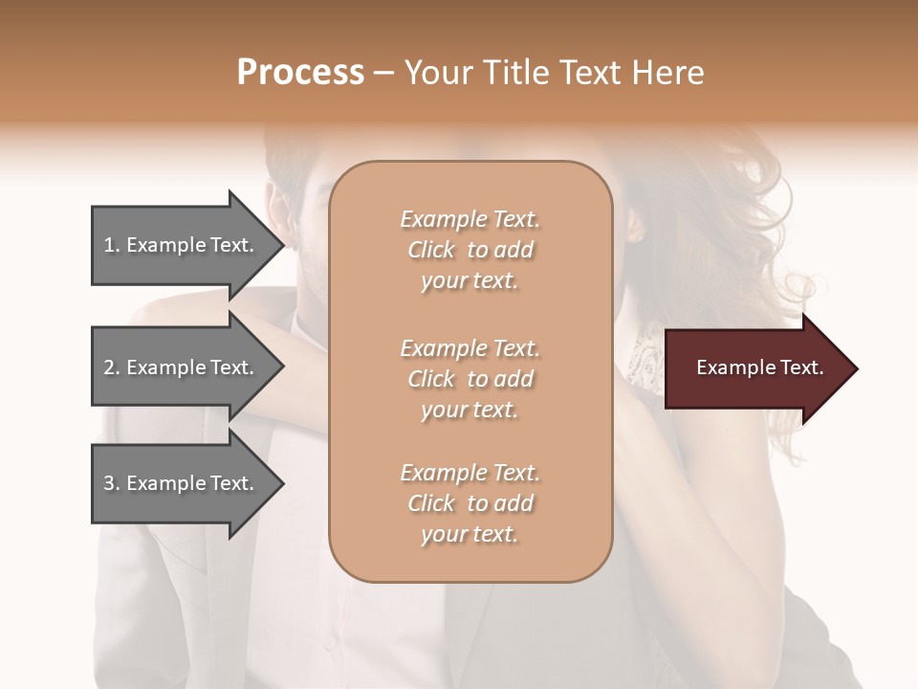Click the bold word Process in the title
300,73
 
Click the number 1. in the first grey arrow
112,245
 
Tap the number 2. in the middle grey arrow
112,367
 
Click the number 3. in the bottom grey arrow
112,483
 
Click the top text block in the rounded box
470,250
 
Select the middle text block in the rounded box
470,379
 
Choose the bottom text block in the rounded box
470,503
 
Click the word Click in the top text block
431,250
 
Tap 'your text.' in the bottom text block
470,534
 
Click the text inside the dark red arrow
760,367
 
